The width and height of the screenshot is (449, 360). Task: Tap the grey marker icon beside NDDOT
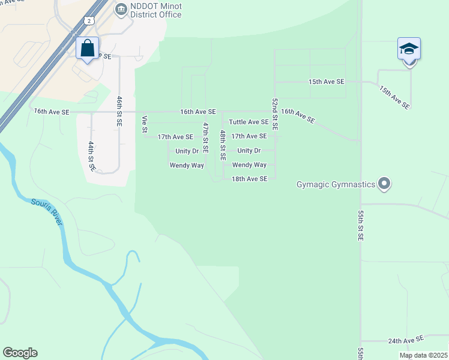[x=121, y=8]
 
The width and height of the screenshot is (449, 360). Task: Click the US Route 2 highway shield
[x=89, y=20]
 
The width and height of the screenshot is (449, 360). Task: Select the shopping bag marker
[x=88, y=48]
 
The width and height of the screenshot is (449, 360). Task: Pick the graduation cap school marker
[x=409, y=49]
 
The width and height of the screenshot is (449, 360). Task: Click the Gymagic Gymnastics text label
[x=336, y=184]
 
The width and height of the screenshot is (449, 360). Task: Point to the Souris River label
[x=47, y=212]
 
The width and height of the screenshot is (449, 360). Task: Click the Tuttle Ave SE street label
[x=249, y=122]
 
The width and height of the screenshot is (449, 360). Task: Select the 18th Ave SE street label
[x=249, y=179]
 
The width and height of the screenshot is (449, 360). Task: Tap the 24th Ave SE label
[x=406, y=340]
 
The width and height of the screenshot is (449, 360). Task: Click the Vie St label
[x=145, y=125]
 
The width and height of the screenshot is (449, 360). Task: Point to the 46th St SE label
[x=119, y=110]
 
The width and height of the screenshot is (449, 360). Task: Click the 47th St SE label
[x=205, y=137]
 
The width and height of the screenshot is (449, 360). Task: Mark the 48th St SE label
[x=223, y=145]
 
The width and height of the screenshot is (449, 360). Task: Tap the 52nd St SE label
[x=274, y=115]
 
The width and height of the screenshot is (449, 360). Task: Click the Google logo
[x=20, y=353]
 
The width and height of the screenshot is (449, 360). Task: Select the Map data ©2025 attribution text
[x=423, y=355]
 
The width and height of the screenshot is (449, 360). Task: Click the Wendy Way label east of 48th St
[x=249, y=164]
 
